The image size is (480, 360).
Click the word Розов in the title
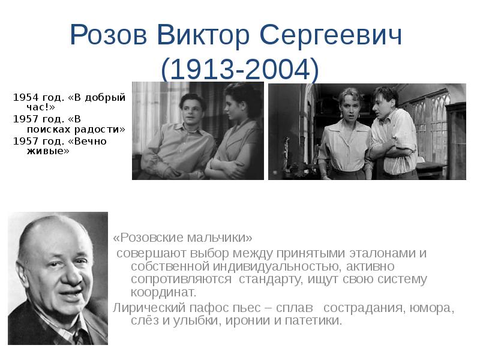[x=107, y=37]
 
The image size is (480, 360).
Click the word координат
[x=163, y=293]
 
